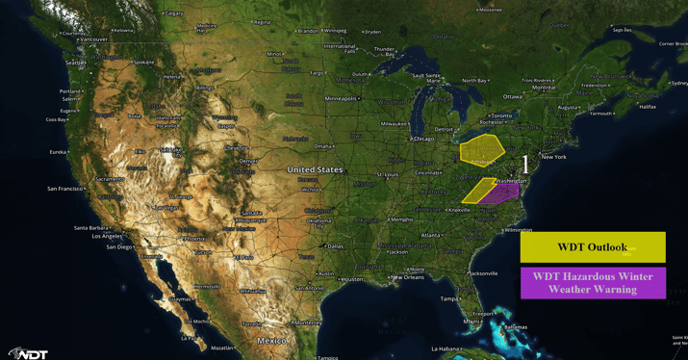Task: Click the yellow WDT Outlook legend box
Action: point(592,247)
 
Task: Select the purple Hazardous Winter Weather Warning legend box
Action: point(592,283)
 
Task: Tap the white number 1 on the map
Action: point(525,166)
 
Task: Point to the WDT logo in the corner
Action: point(29,352)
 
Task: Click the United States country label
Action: point(315,169)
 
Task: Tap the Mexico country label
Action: point(271,341)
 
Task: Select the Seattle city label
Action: point(74,64)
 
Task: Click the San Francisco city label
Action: point(64,189)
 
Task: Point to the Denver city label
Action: point(247,161)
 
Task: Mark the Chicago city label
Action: point(422,139)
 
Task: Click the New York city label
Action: point(553,157)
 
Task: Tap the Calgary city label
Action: point(174,13)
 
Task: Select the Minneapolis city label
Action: point(341,98)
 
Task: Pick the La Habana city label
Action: point(446,348)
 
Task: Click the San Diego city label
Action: point(119,247)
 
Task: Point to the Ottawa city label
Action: point(512,96)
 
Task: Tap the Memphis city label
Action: point(401,219)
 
